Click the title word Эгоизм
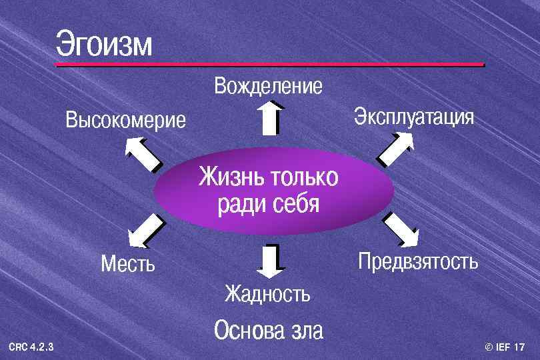pos(104,43)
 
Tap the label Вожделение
pos(268,86)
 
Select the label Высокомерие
pos(126,121)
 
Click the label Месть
pos(127,264)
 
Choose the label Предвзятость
pos(418,261)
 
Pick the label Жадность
pos(267,293)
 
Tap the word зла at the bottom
pos(305,331)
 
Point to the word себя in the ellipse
pos(296,204)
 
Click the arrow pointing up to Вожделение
pos(269,118)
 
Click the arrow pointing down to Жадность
pos(270,260)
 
